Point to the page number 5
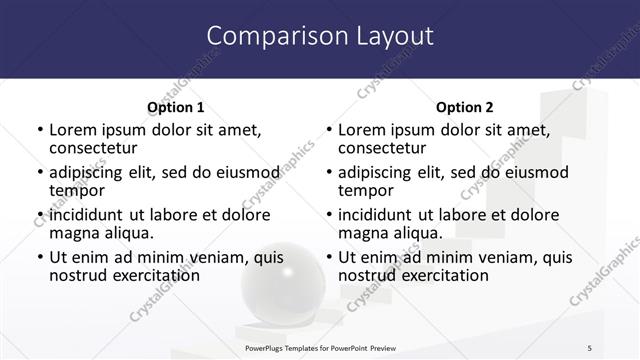[x=589, y=347]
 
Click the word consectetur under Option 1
[x=96, y=148]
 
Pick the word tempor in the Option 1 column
[x=77, y=190]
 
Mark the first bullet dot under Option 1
[x=39, y=131]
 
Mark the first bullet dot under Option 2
[x=328, y=131]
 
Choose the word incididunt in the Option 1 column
[x=88, y=215]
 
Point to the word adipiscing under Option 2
[x=377, y=172]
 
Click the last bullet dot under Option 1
[x=39, y=258]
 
